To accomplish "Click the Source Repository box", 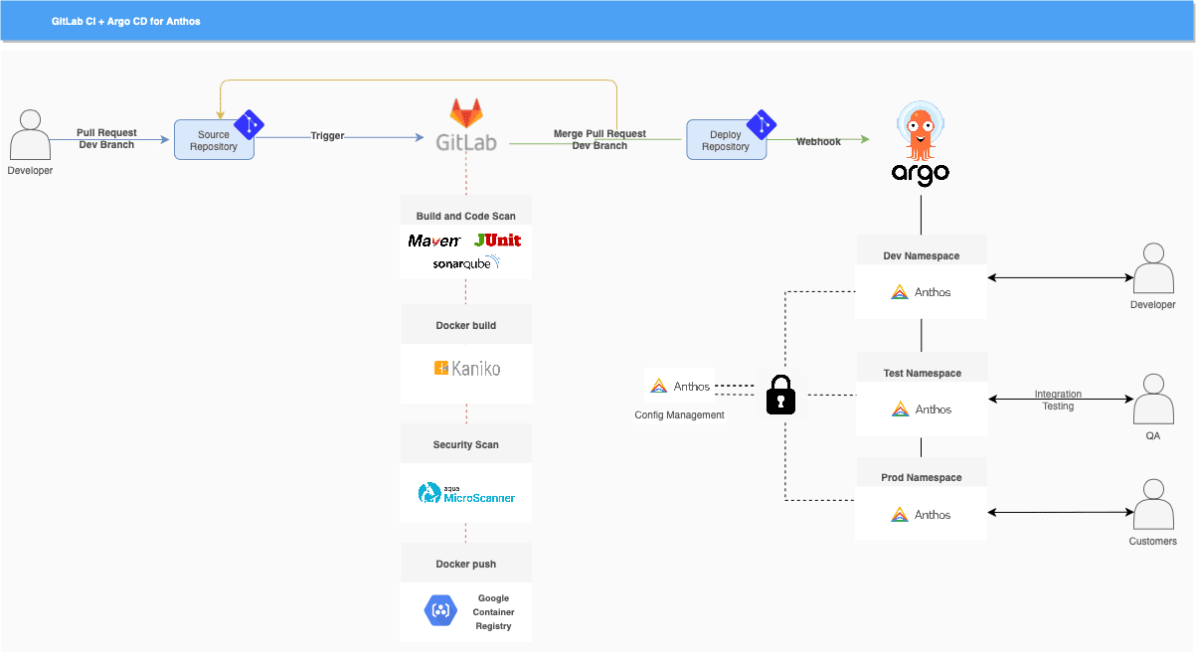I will [214, 140].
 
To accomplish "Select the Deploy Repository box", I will [726, 140].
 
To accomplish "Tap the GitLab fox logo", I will [465, 112].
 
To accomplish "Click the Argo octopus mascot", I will [920, 130].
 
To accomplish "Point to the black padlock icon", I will [781, 395].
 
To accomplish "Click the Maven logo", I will [434, 241].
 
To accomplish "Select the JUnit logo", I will [497, 241].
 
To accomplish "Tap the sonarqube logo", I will [465, 263].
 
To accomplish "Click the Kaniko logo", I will [466, 369].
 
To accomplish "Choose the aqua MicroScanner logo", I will [466, 493].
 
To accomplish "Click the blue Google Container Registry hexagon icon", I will [440, 610].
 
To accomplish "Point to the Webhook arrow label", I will [818, 142].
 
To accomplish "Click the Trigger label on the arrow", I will [327, 136].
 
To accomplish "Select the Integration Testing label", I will [1058, 401].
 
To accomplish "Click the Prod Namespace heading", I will [922, 478].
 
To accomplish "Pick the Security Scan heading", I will [465, 445].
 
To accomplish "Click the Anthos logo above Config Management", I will [658, 386].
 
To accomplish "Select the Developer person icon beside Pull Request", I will [30, 135].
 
